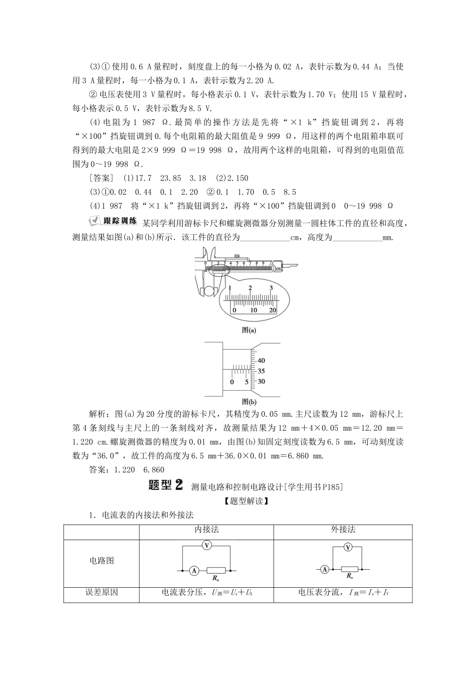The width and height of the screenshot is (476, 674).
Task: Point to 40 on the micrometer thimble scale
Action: tap(261, 361)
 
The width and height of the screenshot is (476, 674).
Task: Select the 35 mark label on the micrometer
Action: tap(261, 371)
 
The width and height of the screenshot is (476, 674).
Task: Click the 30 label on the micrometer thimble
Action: tap(261, 382)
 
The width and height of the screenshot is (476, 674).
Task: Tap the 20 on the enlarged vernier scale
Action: tap(273, 310)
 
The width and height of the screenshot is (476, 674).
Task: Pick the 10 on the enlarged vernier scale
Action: tap(254, 310)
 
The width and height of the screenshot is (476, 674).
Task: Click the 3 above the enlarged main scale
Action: tap(271, 288)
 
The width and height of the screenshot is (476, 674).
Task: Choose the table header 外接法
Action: tap(343, 530)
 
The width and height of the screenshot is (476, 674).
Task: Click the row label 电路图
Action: tap(101, 560)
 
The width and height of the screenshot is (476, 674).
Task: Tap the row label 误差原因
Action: tap(101, 592)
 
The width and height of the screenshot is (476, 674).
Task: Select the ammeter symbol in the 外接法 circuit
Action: tap(325, 569)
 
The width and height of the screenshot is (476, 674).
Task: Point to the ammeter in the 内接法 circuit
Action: tap(193, 570)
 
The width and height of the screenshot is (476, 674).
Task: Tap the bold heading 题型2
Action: tap(166, 485)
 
